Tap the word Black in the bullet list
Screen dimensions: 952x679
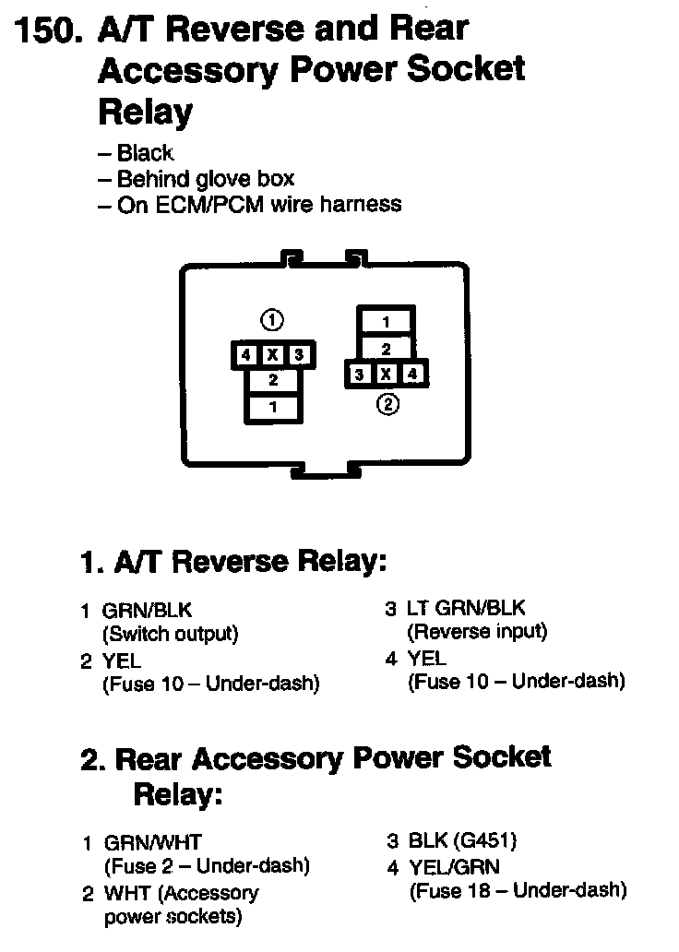pyautogui.click(x=146, y=153)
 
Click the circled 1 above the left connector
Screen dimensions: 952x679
pyautogui.click(x=271, y=320)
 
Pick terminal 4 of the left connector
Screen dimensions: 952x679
pyautogui.click(x=245, y=355)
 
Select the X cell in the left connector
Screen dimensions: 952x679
pyautogui.click(x=272, y=355)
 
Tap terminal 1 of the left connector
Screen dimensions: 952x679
pyautogui.click(x=272, y=407)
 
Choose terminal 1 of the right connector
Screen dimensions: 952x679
pyautogui.click(x=386, y=322)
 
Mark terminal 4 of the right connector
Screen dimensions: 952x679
pyautogui.click(x=411, y=375)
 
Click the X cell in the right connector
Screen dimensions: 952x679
pyautogui.click(x=387, y=375)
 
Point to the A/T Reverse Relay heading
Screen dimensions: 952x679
pyautogui.click(x=233, y=561)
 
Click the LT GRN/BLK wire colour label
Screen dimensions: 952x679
pyautogui.click(x=466, y=609)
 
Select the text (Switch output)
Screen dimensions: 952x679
pyautogui.click(x=170, y=634)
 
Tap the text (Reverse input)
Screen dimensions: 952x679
pyautogui.click(x=477, y=632)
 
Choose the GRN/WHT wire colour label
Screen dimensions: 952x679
pyautogui.click(x=152, y=842)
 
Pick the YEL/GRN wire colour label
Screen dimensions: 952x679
pyautogui.click(x=452, y=866)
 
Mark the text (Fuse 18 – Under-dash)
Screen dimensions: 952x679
pyautogui.click(x=517, y=890)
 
